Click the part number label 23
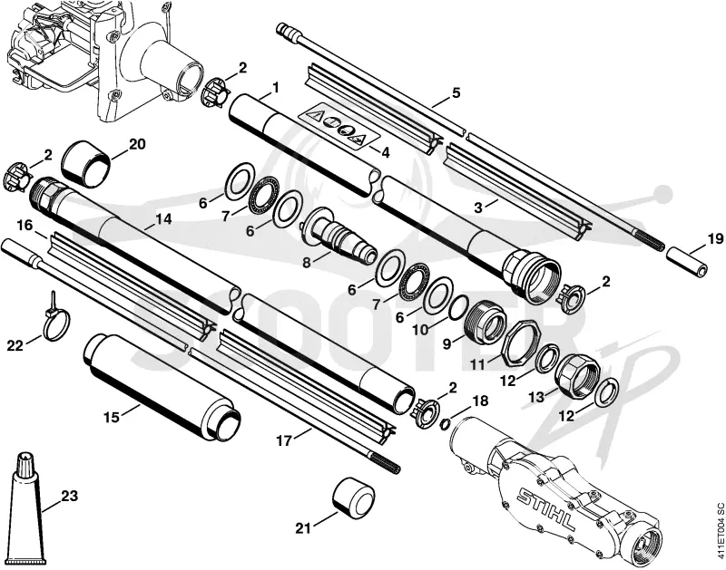(x=70, y=497)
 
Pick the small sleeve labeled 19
(x=687, y=261)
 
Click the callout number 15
(x=111, y=417)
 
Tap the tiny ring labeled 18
(x=444, y=423)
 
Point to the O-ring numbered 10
(x=459, y=307)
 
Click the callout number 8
(x=307, y=263)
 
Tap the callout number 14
(x=163, y=219)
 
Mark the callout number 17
(x=285, y=441)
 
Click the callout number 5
(x=456, y=93)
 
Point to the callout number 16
(x=25, y=226)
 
